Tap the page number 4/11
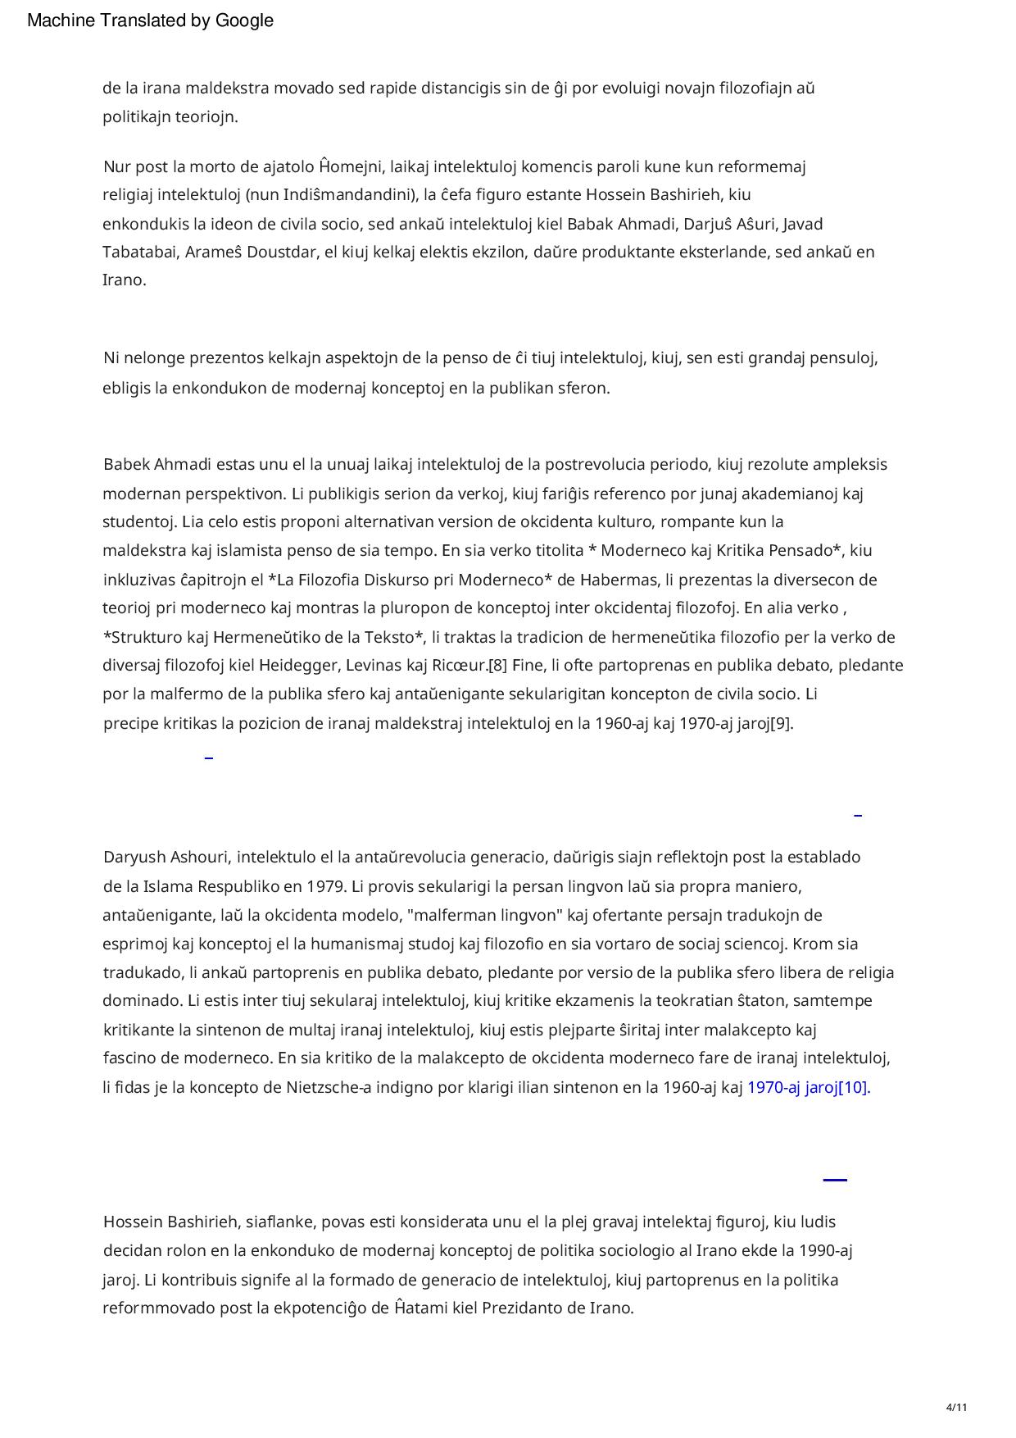tap(956, 1408)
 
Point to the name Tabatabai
tap(140, 252)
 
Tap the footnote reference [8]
tap(497, 665)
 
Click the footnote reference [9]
tap(781, 724)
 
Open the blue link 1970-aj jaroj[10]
tap(808, 1088)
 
